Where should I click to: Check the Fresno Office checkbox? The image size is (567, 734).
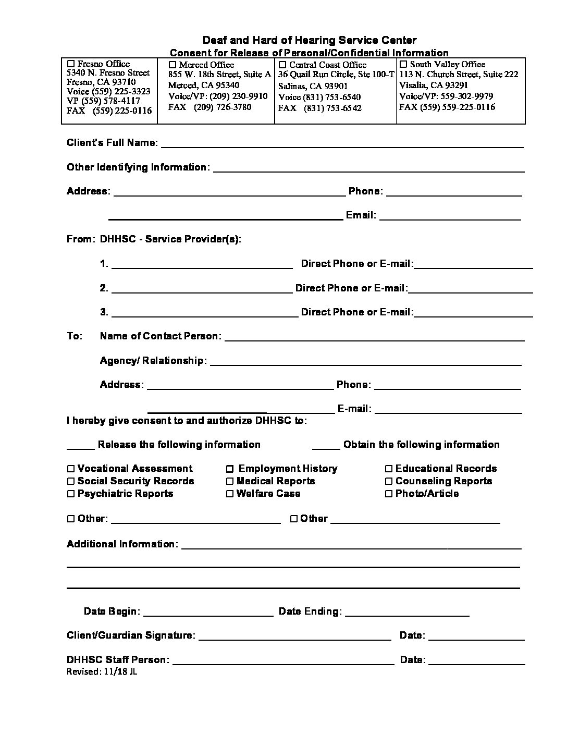point(71,64)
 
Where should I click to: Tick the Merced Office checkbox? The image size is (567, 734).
point(173,65)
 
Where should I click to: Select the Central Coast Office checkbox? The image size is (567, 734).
point(282,65)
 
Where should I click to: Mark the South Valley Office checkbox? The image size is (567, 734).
point(403,65)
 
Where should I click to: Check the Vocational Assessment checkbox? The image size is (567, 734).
point(71,469)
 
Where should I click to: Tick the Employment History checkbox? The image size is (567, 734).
point(230,469)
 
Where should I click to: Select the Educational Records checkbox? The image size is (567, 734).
point(389,469)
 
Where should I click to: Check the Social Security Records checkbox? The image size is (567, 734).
point(71,482)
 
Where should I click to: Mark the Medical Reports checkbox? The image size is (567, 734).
point(230,482)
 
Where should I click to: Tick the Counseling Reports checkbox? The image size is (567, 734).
point(389,482)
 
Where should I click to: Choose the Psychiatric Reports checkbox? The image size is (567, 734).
point(71,494)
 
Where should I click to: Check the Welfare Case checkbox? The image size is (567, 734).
point(230,494)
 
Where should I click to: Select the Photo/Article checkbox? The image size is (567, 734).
point(389,494)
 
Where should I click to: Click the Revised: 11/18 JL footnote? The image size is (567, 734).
point(102,672)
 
